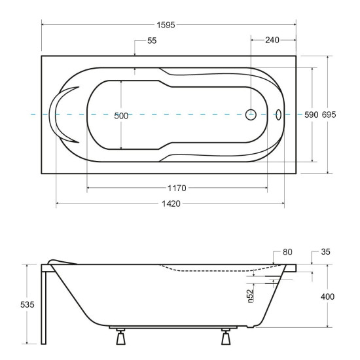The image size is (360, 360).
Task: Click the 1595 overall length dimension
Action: tap(166, 25)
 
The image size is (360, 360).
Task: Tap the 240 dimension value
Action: tap(272, 40)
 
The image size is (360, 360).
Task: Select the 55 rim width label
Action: tap(152, 41)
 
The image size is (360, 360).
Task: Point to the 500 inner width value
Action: tap(121, 116)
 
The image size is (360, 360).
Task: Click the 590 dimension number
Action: tap(312, 115)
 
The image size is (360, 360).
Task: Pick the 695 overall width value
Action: tap(329, 115)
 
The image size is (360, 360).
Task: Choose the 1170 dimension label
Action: tap(177, 189)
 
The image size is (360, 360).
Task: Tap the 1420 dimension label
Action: tap(171, 204)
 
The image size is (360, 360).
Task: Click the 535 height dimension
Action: tap(27, 304)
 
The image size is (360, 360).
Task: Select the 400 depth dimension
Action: tap(328, 297)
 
